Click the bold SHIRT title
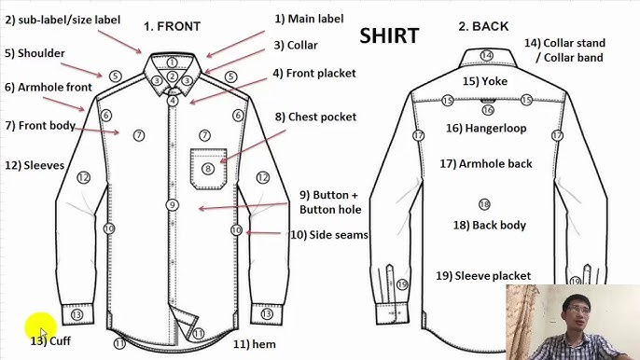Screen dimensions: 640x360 389,36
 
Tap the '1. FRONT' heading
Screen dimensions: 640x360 172,26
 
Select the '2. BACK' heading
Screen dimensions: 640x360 483,26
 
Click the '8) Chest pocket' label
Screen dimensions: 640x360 315,118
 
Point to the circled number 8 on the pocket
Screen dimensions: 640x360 208,169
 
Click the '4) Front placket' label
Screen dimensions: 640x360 314,73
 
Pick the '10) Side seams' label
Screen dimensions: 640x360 328,235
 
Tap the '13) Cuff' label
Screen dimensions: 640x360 50,341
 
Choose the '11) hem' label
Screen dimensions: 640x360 254,344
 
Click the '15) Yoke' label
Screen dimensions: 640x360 485,81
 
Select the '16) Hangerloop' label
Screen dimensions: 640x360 484,128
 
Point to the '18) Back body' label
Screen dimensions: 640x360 489,225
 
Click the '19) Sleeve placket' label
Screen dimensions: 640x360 483,275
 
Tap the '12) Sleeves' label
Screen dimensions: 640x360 35,165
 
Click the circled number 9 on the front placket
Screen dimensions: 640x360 172,204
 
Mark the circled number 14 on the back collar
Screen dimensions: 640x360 486,56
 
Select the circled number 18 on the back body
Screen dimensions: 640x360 483,204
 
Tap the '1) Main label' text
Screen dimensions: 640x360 309,19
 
